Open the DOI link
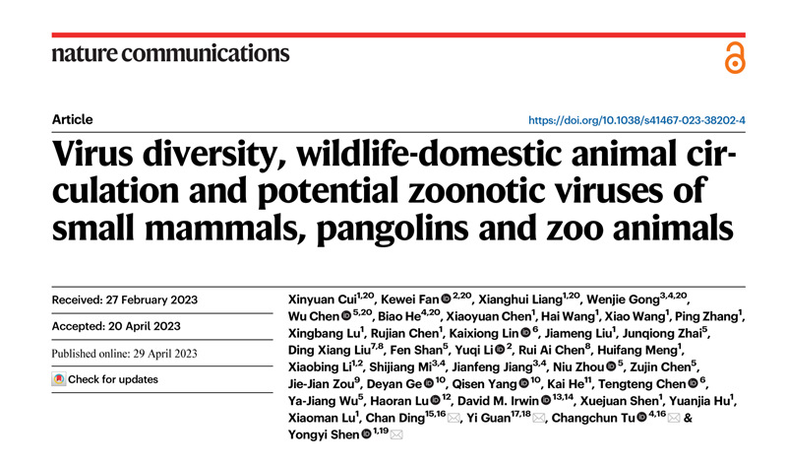click(x=636, y=120)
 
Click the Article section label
click(x=73, y=120)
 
